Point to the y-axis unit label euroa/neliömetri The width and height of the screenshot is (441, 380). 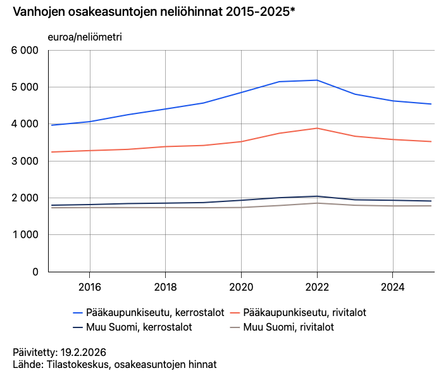85,37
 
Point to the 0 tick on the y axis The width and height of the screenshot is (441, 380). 35,272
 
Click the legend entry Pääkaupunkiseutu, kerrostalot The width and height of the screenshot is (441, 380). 149,312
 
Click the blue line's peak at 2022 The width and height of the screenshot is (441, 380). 317,80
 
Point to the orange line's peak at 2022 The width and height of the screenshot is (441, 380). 317,128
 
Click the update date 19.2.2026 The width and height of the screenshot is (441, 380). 82,352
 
